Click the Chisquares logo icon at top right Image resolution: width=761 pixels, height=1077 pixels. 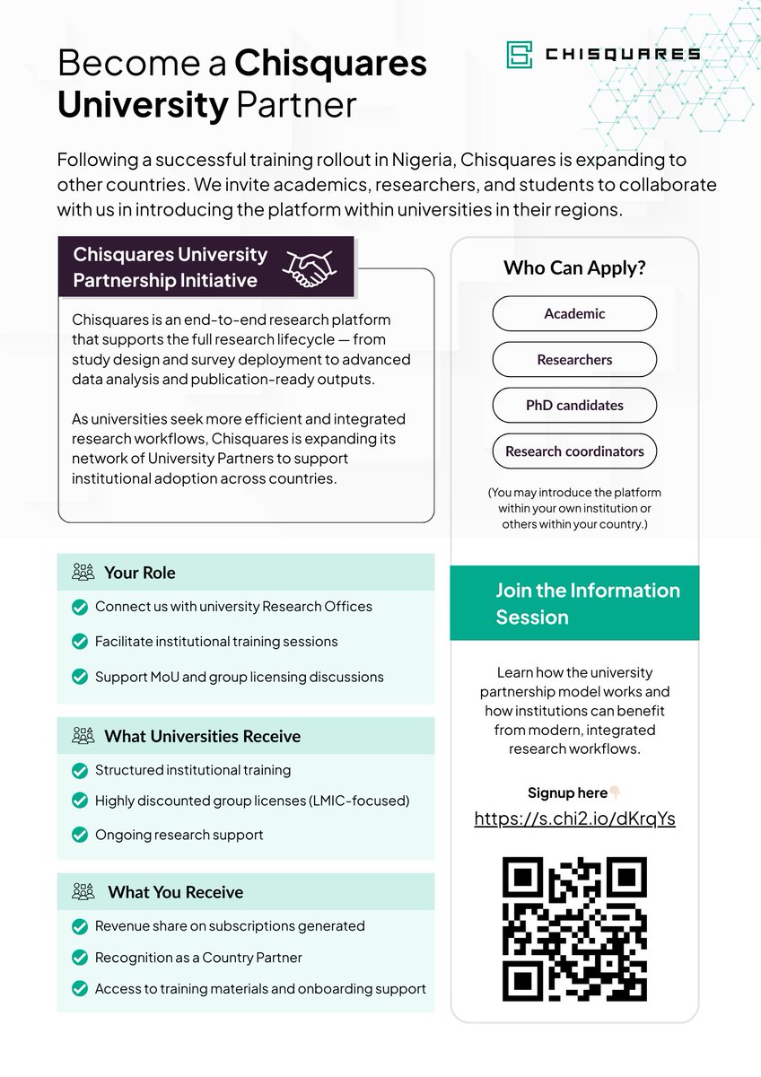pos(520,54)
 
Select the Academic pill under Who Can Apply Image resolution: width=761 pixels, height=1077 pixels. pos(574,314)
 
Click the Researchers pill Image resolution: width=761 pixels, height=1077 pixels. pos(574,360)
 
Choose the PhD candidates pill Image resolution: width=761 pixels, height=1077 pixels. pos(574,406)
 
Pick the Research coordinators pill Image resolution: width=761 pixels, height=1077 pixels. pos(574,451)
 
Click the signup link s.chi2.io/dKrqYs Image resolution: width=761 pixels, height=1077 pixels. pos(574,819)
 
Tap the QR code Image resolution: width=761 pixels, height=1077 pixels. pos(574,929)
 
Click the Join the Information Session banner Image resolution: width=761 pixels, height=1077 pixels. pos(574,603)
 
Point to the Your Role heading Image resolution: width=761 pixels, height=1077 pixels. pos(140,573)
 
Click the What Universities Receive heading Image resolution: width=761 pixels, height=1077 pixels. pos(202,736)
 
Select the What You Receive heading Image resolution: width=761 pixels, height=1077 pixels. pos(175,892)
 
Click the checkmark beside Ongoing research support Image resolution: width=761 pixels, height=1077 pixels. pos(79,835)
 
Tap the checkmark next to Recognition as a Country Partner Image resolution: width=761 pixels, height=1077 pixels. pos(79,958)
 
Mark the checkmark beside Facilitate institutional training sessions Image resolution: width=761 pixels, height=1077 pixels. pos(79,642)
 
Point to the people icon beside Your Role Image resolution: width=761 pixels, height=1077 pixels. pos(83,573)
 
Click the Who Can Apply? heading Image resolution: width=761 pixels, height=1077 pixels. pos(574,267)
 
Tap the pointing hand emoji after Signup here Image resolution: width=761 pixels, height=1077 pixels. pos(616,792)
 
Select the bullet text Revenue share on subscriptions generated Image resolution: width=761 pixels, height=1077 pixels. pos(230,925)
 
